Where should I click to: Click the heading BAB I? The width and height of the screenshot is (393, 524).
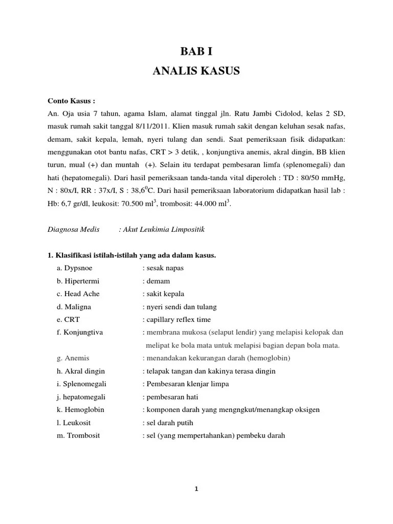pyautogui.click(x=196, y=51)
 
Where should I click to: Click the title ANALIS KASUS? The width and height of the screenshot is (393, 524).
pyautogui.click(x=196, y=71)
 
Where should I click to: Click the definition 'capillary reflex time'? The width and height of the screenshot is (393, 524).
pyautogui.click(x=178, y=319)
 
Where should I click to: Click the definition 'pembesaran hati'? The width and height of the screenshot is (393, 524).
pyautogui.click(x=171, y=397)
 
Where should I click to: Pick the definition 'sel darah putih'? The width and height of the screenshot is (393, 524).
pyautogui.click(x=169, y=423)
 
